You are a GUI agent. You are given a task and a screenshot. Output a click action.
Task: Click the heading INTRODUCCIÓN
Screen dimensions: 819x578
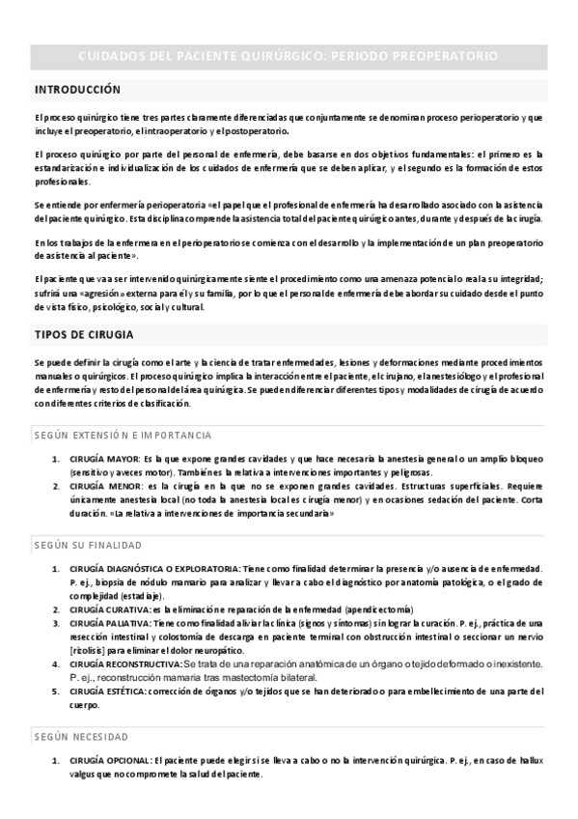coord(77,90)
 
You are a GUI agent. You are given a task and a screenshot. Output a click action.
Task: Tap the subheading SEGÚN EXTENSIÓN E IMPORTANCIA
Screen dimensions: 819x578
coord(123,436)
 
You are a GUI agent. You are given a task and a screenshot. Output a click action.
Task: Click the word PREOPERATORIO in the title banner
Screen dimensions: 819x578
coord(440,57)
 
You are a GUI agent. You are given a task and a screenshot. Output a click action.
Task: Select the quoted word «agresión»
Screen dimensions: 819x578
coord(108,294)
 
